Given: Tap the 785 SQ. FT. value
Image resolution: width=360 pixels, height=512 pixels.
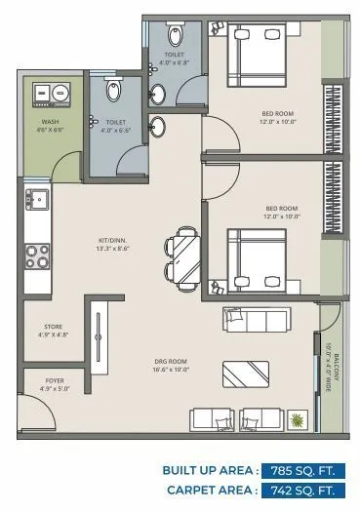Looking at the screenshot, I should click(x=304, y=470).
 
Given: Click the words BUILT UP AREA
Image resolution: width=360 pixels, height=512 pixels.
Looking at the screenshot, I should click(x=210, y=470).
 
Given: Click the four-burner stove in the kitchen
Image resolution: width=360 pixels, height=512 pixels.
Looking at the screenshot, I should click(x=39, y=256).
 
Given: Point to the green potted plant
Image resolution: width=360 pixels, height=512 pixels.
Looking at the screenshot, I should click(x=297, y=420).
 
